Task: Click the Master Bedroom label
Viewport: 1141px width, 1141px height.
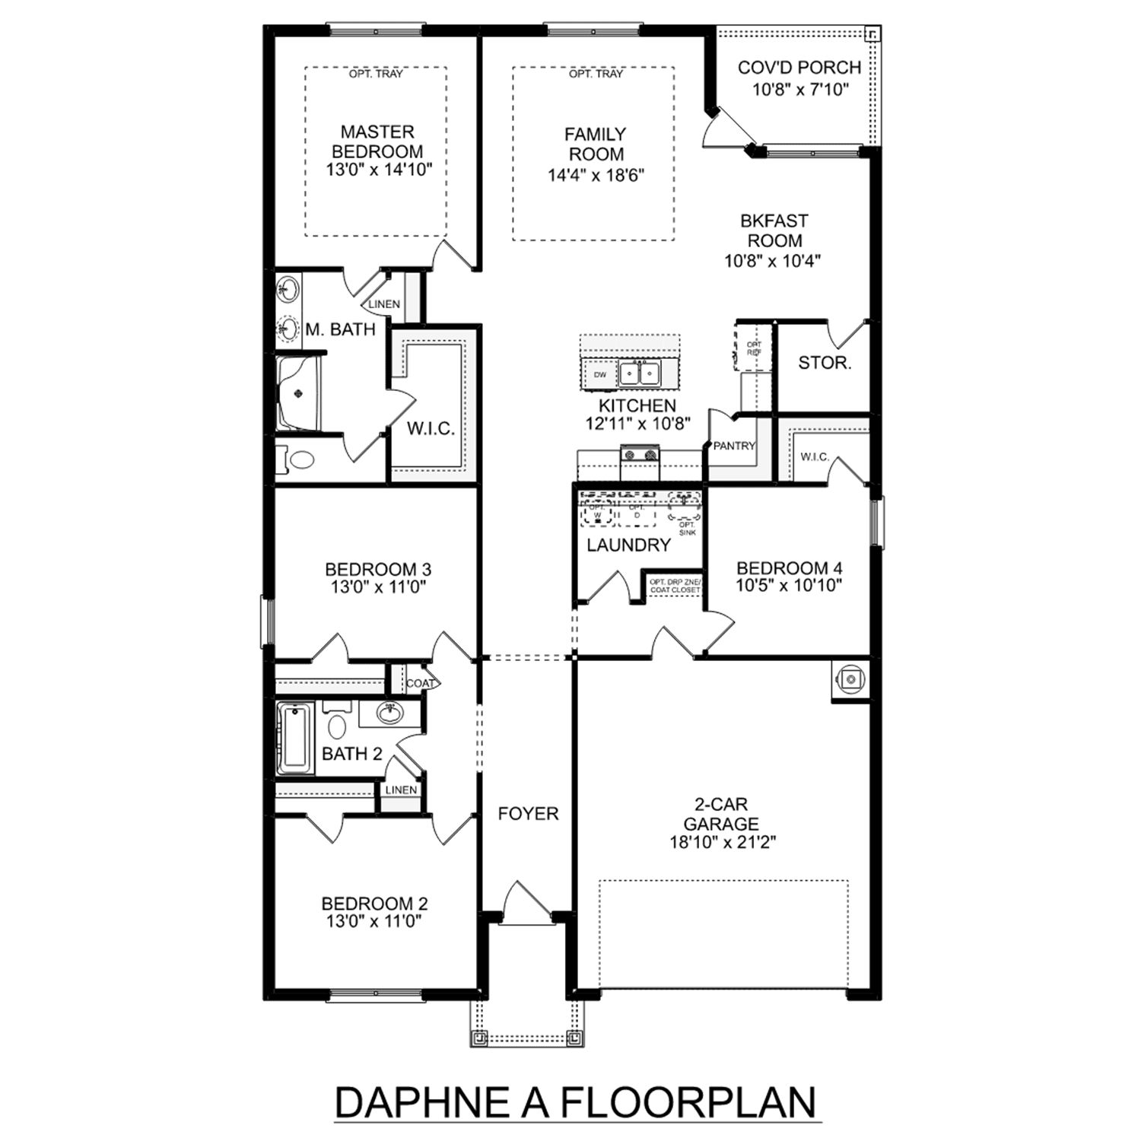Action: coord(377,141)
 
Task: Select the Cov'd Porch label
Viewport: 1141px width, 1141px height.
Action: coord(799,68)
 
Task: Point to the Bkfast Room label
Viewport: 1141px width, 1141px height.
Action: coord(774,230)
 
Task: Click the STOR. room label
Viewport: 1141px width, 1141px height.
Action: coord(824,363)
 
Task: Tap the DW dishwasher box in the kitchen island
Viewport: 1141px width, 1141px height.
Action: coord(600,374)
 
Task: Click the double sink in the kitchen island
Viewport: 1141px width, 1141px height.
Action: coord(638,373)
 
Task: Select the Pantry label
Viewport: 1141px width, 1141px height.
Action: coord(733,447)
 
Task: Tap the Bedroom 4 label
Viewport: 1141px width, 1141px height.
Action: coord(789,568)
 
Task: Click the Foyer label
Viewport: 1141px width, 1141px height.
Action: coord(528,814)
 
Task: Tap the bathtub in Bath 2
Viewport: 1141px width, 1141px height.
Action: coord(293,737)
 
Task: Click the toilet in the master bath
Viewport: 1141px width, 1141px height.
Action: coord(300,460)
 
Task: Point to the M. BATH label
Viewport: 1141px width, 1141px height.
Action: coord(340,329)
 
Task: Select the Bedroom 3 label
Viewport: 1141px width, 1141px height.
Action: coord(377,569)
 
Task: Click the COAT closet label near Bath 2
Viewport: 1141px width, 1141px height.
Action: coord(419,683)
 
